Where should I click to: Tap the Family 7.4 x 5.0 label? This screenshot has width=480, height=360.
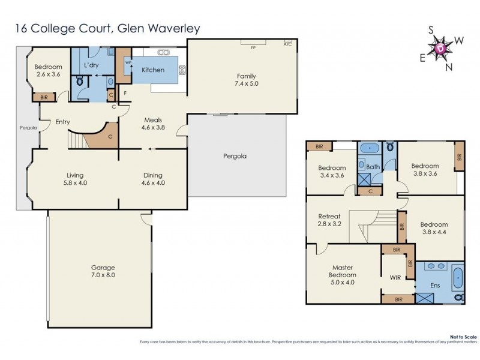246,80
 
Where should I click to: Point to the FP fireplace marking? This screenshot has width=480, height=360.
253,46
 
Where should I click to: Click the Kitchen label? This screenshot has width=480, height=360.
152,70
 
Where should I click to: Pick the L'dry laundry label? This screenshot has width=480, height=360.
91,65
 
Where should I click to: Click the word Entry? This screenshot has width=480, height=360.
62,122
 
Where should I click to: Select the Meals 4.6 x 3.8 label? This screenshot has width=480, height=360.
152,124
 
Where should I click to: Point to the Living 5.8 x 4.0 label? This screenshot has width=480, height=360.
75,179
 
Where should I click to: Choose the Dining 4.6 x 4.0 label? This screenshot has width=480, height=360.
152,179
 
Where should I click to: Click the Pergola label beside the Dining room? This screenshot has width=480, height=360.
235,156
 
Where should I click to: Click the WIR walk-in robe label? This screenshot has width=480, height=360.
395,278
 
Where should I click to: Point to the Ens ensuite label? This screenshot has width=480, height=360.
435,286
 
